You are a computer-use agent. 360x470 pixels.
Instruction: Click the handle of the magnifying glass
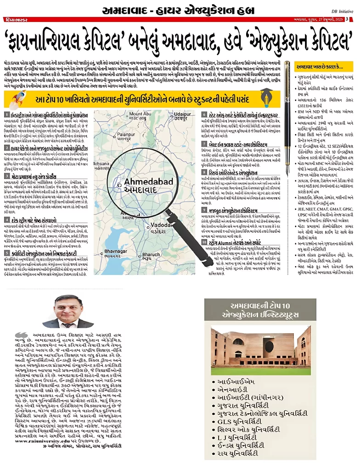[x=179, y=229]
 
